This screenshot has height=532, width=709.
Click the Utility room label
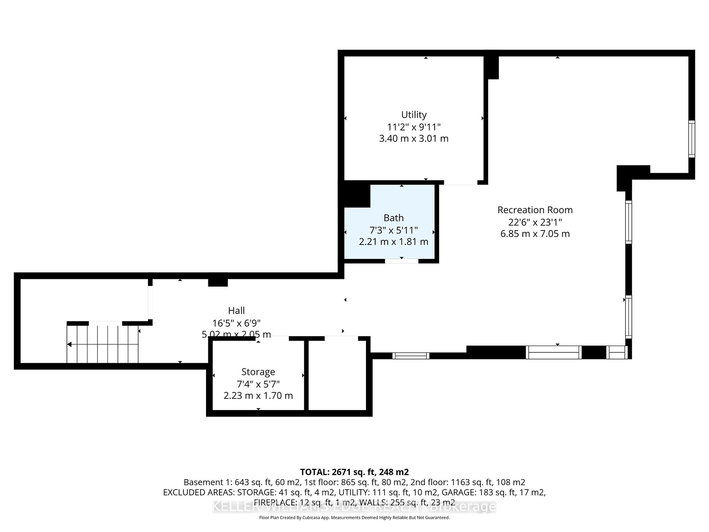point(414,115)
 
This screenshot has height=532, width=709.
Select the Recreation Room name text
point(535,210)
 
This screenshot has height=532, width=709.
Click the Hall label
point(236,311)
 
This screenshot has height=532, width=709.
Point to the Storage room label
point(258,372)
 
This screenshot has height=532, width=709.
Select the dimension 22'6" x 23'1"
point(535,222)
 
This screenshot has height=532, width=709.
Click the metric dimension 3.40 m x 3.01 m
point(414,139)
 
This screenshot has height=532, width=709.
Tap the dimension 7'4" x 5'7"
point(258,384)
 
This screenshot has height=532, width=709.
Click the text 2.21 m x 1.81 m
point(393,242)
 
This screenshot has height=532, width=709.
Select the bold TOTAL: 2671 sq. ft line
point(354,472)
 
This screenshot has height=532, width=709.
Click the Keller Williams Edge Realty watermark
point(354,507)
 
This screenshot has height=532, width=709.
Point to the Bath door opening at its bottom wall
point(401,261)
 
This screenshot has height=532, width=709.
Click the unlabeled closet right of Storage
point(338,375)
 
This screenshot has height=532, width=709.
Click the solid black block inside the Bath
point(357,195)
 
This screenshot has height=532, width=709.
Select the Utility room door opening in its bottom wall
point(460,183)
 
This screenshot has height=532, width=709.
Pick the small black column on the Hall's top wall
point(218,282)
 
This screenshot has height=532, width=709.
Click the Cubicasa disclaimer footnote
point(354,518)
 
